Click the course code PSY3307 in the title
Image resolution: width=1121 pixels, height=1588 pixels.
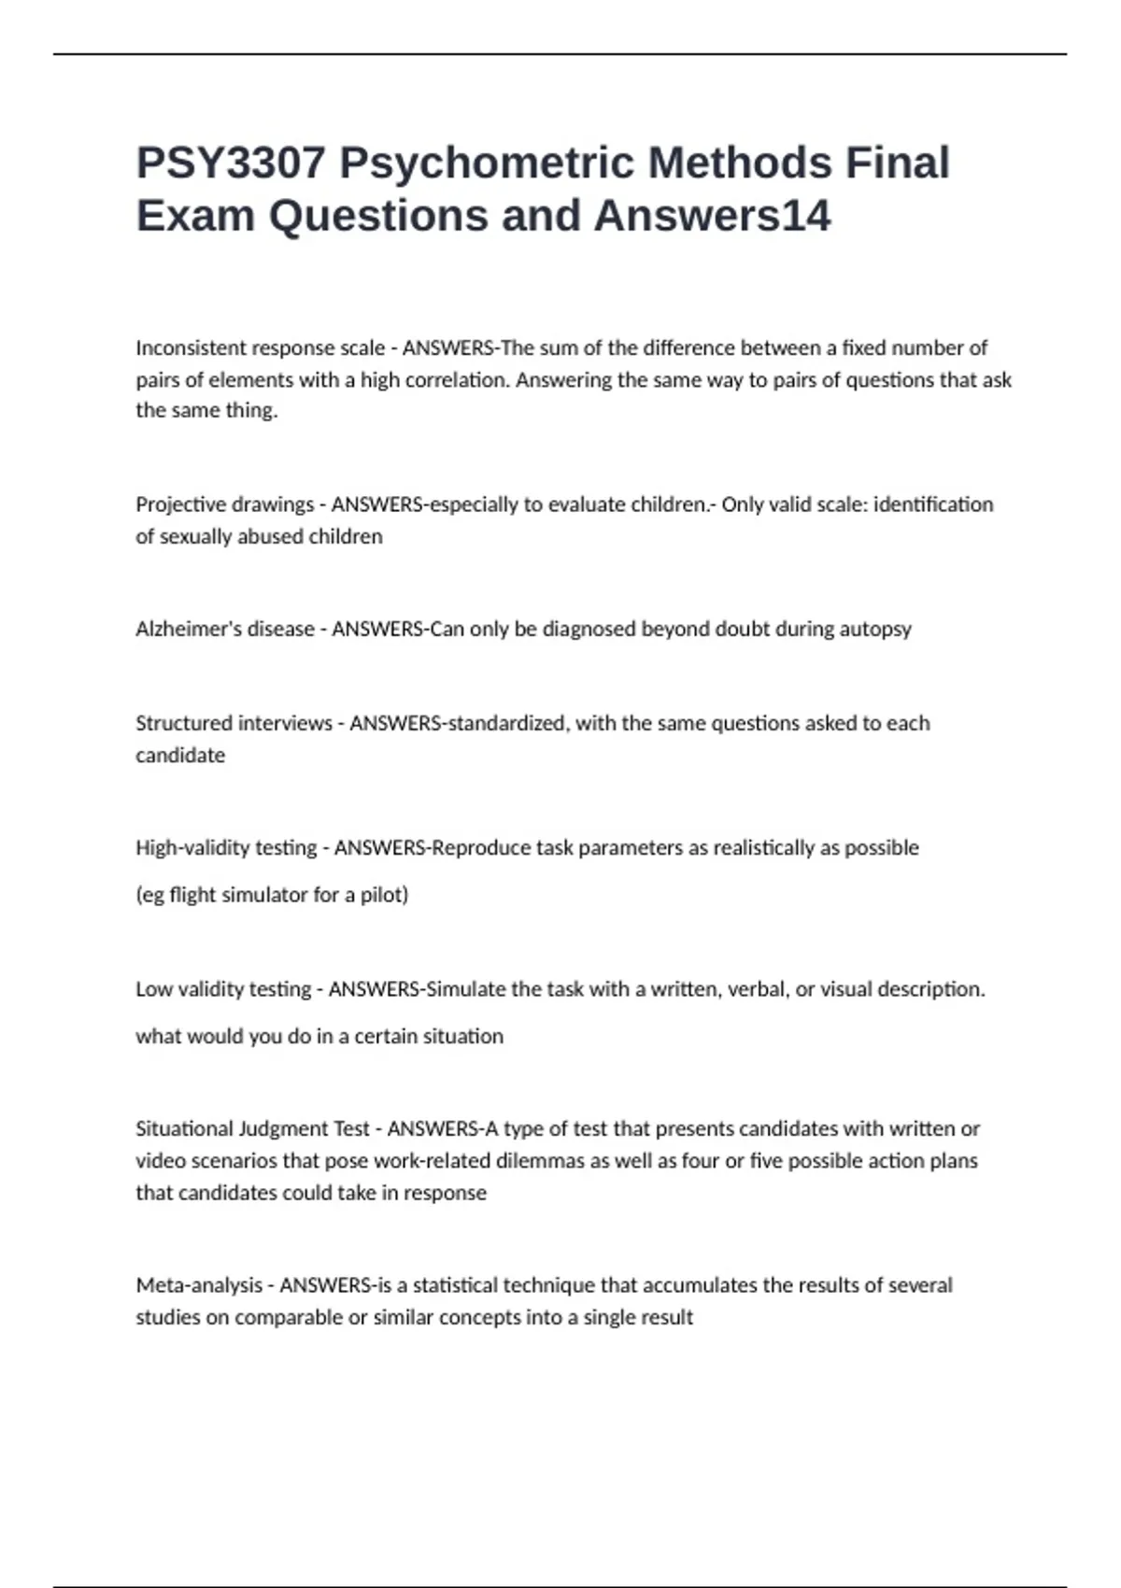(231, 163)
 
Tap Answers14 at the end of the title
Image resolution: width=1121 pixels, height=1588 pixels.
(712, 216)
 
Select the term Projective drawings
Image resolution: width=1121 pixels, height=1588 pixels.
(224, 505)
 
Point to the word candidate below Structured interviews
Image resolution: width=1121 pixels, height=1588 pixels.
(180, 756)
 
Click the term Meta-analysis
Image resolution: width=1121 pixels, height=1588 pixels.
(199, 1285)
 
